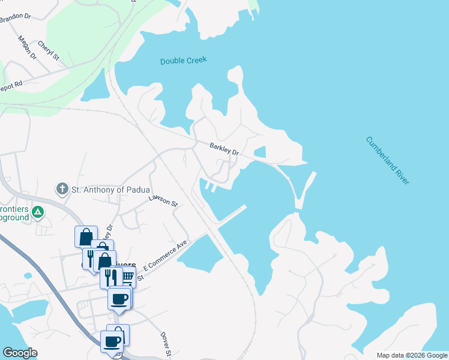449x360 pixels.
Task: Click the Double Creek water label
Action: [183, 61]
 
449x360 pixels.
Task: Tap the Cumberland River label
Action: [387, 160]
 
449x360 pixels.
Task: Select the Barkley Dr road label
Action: [224, 149]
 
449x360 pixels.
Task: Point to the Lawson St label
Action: [163, 200]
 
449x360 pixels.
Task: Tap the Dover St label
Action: [166, 344]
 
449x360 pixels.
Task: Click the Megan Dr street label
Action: [28, 47]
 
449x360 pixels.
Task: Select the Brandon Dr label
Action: [15, 18]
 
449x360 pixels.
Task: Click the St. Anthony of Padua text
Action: [110, 190]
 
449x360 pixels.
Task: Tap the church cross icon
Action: [61, 190]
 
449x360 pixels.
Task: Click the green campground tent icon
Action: [37, 211]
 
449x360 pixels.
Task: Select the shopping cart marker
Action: [127, 277]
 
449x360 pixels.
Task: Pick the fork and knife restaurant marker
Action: [111, 277]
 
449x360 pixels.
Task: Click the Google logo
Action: [20, 353]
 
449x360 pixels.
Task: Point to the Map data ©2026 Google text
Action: [412, 355]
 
